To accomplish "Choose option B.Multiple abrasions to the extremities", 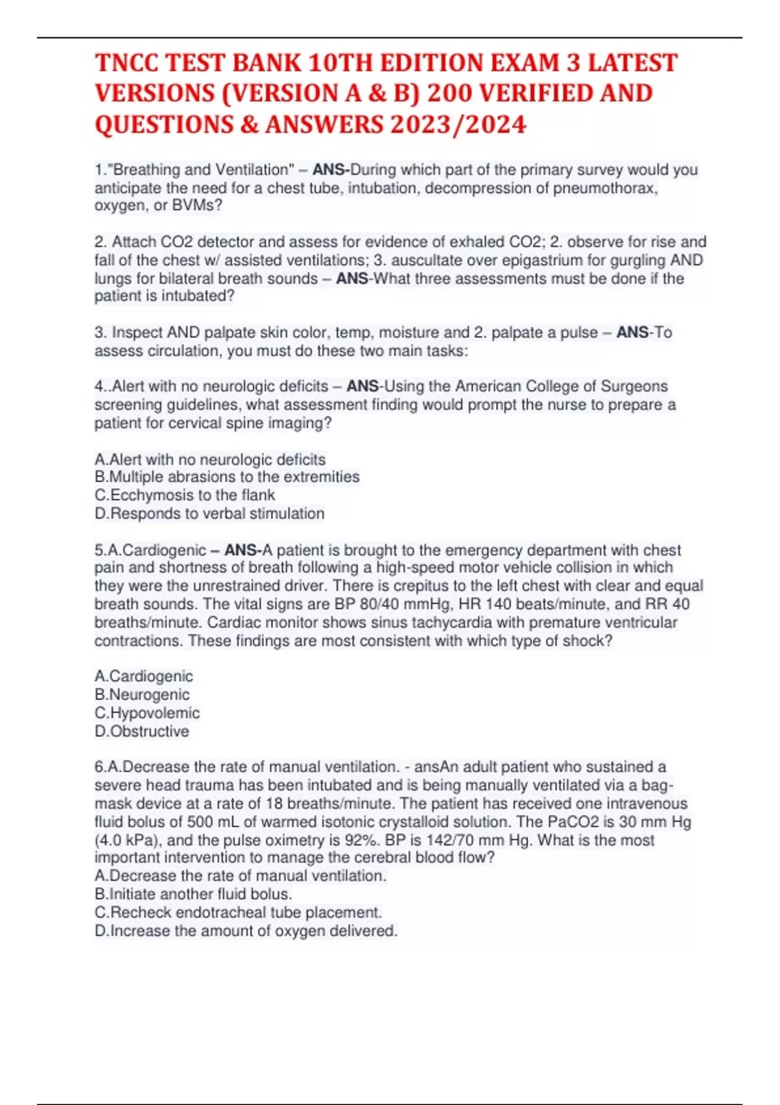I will point(227,476).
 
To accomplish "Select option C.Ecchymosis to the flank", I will point(185,495).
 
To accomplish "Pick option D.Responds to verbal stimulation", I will point(209,513).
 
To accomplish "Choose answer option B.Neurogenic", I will point(142,694).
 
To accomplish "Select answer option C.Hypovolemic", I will point(147,712).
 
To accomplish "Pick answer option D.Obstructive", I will point(142,731).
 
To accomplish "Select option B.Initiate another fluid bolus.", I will point(193,894).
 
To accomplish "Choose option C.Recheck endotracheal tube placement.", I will point(238,912).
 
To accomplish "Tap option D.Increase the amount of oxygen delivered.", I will point(246,931).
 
